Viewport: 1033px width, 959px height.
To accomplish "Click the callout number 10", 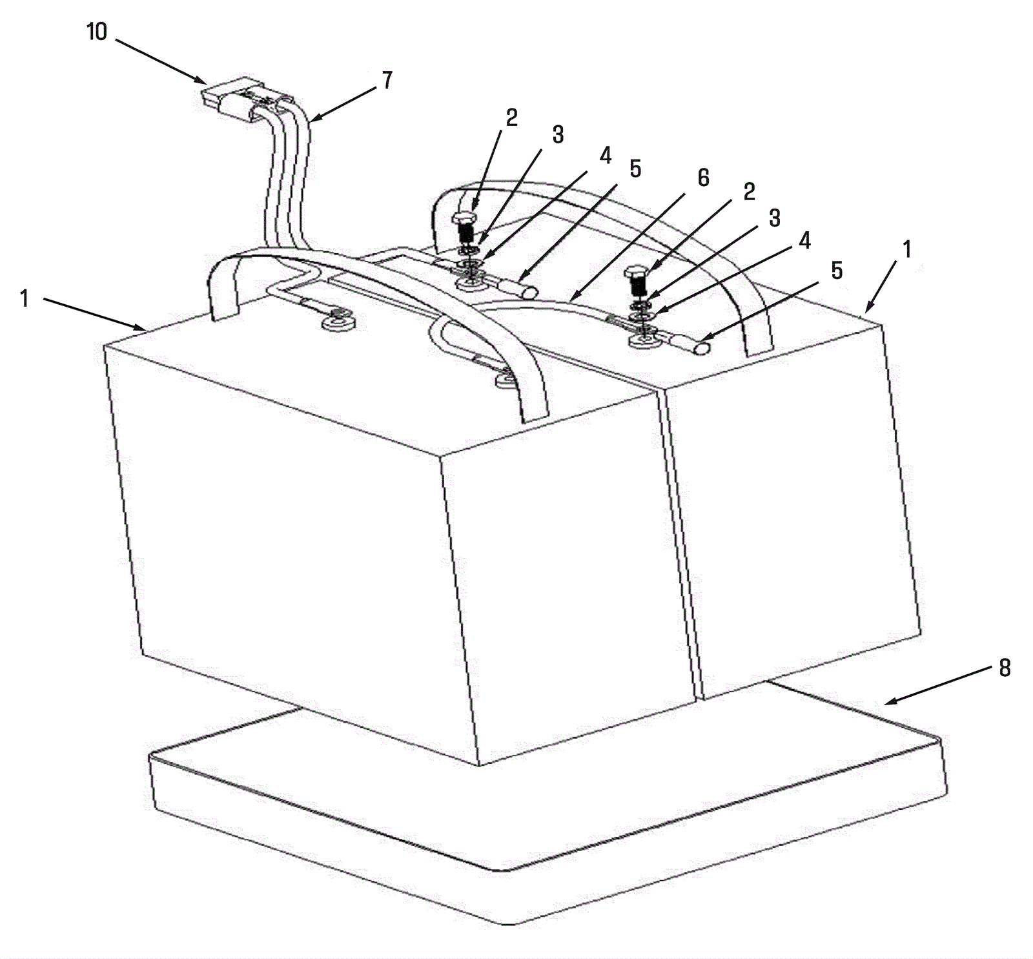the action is [x=97, y=32].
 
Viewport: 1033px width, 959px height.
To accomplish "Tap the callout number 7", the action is [x=386, y=81].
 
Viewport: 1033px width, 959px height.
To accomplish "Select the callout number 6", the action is [x=703, y=177].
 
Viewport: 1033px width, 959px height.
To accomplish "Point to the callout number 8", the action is [x=1005, y=668].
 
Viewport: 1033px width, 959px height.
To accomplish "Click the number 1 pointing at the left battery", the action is [x=25, y=299].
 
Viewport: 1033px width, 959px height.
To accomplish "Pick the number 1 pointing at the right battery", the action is [x=907, y=249].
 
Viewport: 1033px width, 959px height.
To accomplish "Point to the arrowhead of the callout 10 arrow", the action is [x=201, y=79].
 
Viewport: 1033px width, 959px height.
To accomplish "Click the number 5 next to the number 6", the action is [x=636, y=169].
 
